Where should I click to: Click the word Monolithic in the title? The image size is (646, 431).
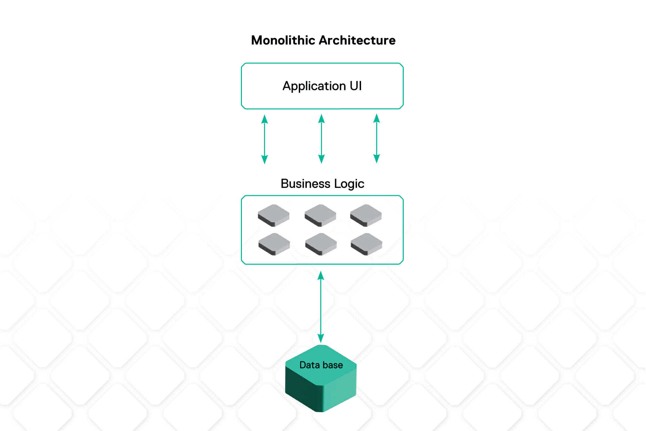pyautogui.click(x=283, y=40)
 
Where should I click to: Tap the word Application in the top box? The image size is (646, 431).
pyautogui.click(x=314, y=86)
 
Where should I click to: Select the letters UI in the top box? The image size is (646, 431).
pyautogui.click(x=356, y=86)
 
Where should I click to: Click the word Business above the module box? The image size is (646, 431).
pyautogui.click(x=305, y=184)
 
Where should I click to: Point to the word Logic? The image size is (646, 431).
pyautogui.click(x=349, y=184)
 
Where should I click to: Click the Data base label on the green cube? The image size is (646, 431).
pyautogui.click(x=321, y=365)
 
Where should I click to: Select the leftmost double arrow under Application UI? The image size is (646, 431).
pyautogui.click(x=264, y=139)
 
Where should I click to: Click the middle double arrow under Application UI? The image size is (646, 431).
pyautogui.click(x=321, y=139)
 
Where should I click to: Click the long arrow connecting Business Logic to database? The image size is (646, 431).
pyautogui.click(x=321, y=307)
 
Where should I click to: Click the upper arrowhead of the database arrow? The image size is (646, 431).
pyautogui.click(x=321, y=276)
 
